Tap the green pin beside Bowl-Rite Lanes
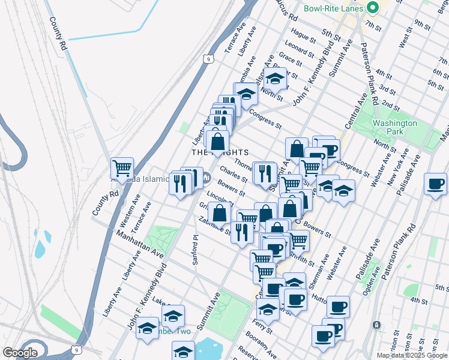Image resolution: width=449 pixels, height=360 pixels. [372, 8]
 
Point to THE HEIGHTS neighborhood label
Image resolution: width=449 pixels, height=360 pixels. [220, 153]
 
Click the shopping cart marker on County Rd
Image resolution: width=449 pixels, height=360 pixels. [122, 168]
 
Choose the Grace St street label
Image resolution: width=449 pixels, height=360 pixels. [290, 58]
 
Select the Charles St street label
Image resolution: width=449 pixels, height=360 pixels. [233, 174]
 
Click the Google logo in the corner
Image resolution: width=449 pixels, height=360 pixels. [20, 353]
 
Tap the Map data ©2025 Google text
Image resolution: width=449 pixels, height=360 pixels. [412, 355]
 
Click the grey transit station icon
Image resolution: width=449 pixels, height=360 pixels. [376, 325]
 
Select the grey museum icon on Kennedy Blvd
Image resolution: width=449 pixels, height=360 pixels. [206, 178]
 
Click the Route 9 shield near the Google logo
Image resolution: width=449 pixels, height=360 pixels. [74, 349]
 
